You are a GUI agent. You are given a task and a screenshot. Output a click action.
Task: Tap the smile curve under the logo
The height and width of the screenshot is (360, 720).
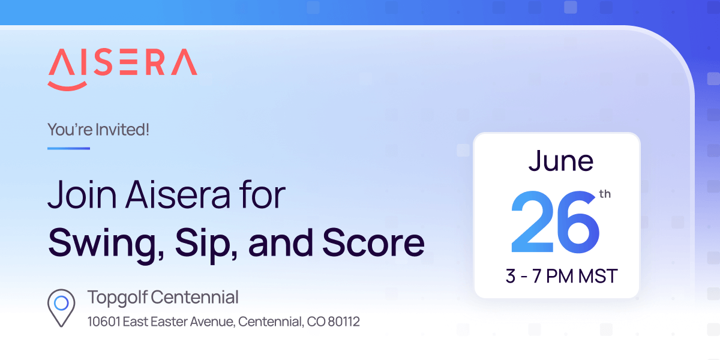pyautogui.click(x=67, y=87)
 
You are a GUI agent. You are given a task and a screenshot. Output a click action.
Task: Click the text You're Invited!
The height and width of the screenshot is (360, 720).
pyautogui.click(x=98, y=130)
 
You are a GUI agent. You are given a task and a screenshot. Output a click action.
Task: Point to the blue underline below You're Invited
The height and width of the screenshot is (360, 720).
pyautogui.click(x=68, y=149)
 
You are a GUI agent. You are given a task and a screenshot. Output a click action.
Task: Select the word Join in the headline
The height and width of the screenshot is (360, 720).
pyautogui.click(x=82, y=194)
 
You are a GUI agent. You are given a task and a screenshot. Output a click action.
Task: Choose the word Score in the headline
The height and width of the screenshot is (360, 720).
pyautogui.click(x=373, y=242)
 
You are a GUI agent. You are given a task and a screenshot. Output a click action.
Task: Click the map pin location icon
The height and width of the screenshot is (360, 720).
pyautogui.click(x=61, y=308)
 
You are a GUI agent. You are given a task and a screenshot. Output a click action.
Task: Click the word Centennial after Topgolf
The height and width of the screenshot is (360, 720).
pyautogui.click(x=194, y=297)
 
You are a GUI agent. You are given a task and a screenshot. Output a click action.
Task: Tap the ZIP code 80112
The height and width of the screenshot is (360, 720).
pyautogui.click(x=344, y=322)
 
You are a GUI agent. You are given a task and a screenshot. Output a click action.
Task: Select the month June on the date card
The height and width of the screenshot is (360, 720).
pyautogui.click(x=561, y=161)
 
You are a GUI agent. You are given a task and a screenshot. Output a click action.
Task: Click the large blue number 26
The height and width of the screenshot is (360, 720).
pyautogui.click(x=555, y=222)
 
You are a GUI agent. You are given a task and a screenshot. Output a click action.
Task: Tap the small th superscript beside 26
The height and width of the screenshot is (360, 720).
pyautogui.click(x=605, y=194)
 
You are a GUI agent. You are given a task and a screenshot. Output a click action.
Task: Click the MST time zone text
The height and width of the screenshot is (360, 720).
pyautogui.click(x=598, y=276)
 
